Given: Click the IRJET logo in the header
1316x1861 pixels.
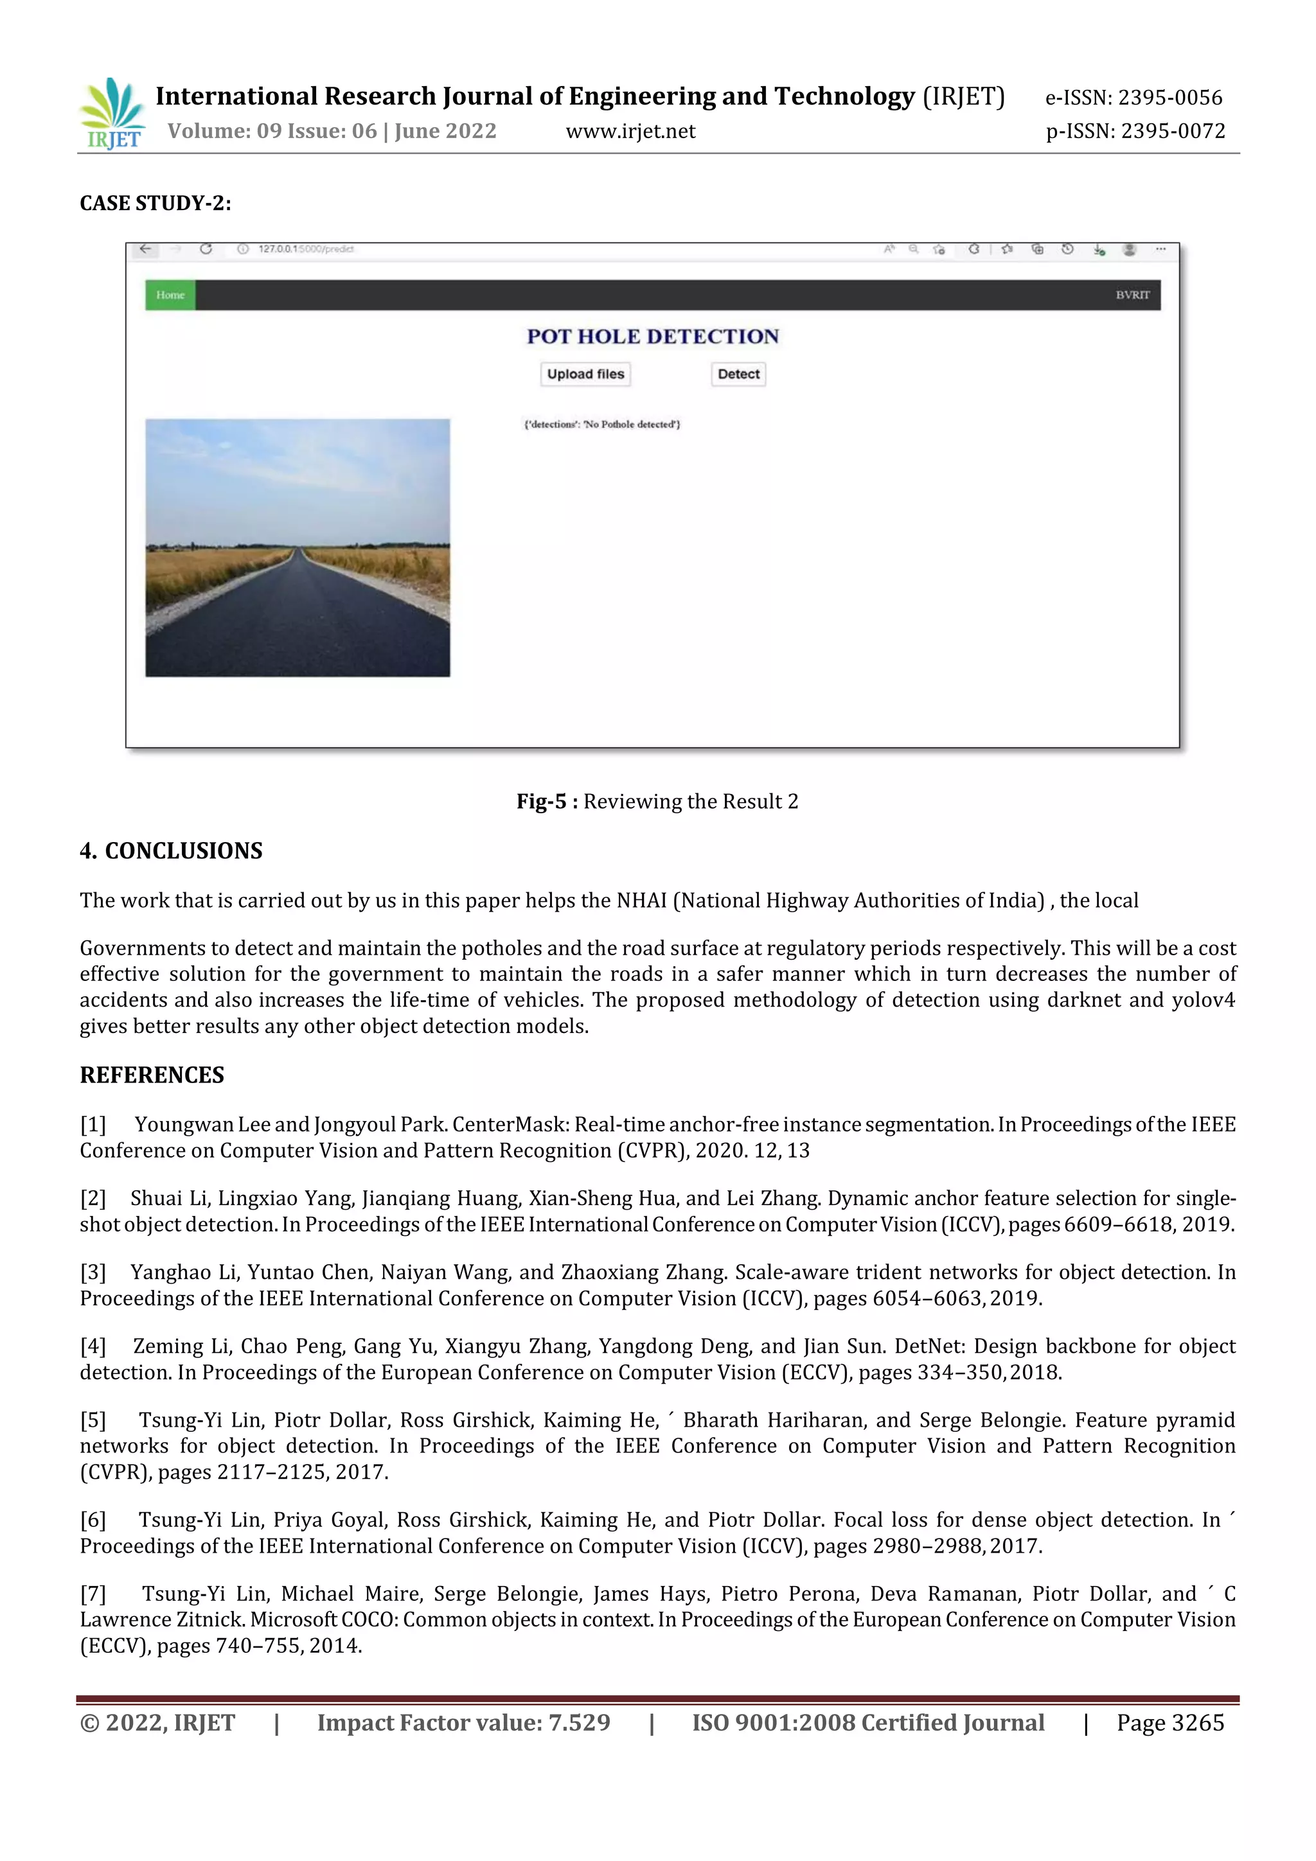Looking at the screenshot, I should coord(112,114).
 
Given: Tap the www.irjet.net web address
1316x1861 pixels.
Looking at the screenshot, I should coord(630,131).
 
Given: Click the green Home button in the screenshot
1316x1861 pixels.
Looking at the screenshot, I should coord(170,295).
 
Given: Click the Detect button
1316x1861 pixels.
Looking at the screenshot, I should coord(738,375).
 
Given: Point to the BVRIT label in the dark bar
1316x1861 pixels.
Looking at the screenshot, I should coord(1132,295).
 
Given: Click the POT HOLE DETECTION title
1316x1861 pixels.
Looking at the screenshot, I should coord(653,337).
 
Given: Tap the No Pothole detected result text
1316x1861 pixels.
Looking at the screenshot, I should coord(601,424).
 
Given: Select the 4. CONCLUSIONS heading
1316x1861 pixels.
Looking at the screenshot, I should coord(171,851).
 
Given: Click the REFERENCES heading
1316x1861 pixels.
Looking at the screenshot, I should coord(152,1075).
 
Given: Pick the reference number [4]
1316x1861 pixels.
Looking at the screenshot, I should coord(93,1346).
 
